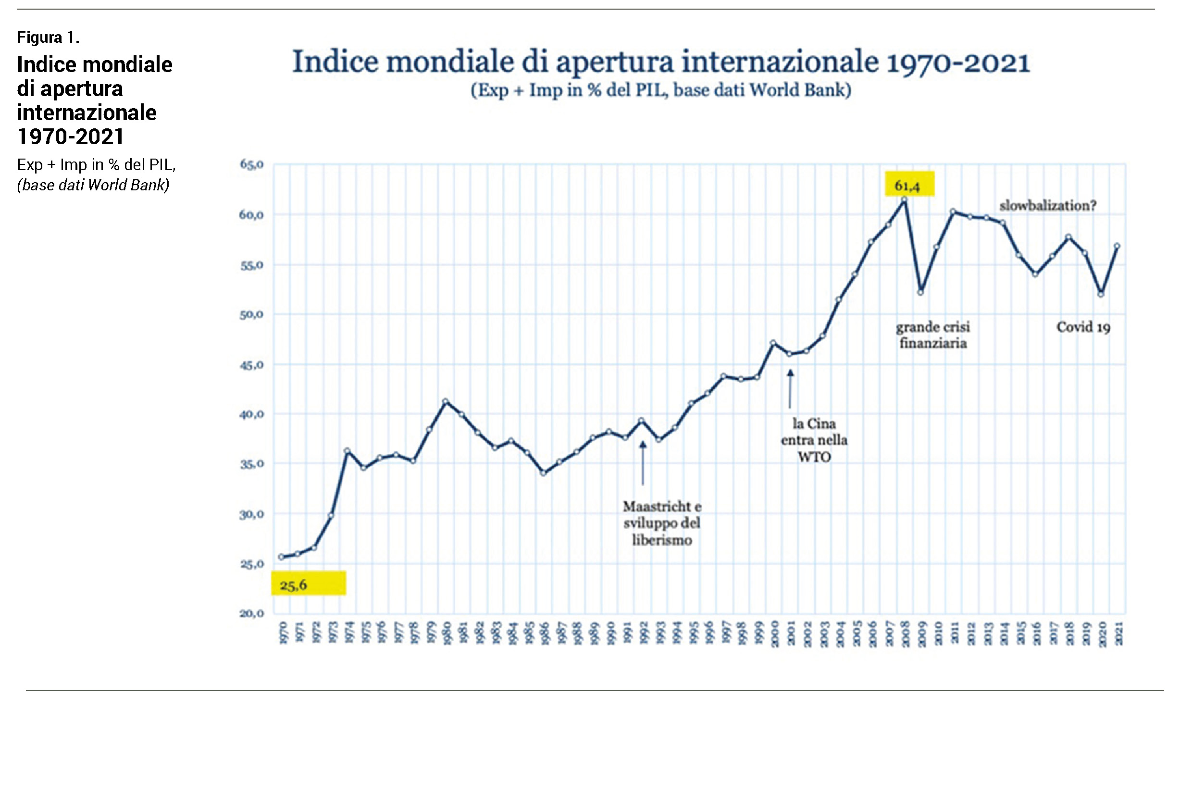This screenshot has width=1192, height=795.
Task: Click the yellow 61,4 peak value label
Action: coord(909,185)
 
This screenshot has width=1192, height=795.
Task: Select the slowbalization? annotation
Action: coord(1047,206)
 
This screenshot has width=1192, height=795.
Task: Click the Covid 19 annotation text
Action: coord(1083,327)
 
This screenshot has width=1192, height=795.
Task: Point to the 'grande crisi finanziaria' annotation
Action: coord(933,335)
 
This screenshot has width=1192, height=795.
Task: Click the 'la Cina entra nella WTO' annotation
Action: coord(814,440)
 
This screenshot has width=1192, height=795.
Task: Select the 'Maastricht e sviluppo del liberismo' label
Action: coord(662,523)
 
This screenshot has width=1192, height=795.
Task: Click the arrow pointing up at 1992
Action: coord(643,462)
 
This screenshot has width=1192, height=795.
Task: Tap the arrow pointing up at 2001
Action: coord(790,389)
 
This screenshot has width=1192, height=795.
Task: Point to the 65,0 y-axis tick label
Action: coord(251,164)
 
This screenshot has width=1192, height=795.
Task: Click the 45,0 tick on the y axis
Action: coord(251,365)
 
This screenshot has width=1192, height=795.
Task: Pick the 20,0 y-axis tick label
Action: coord(251,613)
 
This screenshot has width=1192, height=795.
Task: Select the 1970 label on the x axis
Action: coord(283,634)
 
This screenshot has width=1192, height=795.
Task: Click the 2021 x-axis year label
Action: coord(1118,634)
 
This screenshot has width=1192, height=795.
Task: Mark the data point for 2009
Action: coord(921,293)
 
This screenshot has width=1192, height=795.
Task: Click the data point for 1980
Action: coord(446,401)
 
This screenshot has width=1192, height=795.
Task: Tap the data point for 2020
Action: coord(1101,294)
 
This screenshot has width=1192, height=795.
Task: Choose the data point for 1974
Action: coord(348,451)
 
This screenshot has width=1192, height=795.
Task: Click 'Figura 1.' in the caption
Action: coord(48,37)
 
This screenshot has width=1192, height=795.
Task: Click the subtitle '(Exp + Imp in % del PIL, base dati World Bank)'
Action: coord(660,90)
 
